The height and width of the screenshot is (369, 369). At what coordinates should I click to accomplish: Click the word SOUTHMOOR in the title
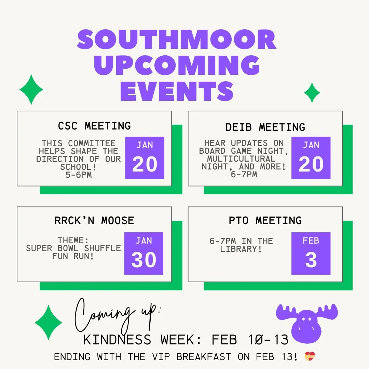[x=177, y=40]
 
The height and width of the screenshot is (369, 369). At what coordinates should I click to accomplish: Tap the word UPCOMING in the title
[x=177, y=65]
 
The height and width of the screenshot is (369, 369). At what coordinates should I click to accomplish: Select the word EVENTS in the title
[x=177, y=91]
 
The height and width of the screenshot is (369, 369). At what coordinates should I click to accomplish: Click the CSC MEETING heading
[x=94, y=126]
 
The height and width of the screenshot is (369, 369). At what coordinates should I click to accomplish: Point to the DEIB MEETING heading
[x=265, y=127]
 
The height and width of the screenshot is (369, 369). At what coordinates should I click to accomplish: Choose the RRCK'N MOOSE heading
[x=94, y=221]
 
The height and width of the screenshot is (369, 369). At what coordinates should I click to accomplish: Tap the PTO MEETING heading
[x=265, y=221]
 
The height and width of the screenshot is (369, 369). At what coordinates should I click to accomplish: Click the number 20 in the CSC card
[x=145, y=165]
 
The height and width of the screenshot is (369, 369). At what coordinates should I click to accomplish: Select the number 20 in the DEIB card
[x=311, y=165]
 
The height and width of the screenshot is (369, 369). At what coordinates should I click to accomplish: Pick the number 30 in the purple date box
[x=144, y=260]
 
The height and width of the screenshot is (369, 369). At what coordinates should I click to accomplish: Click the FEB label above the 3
[x=311, y=241]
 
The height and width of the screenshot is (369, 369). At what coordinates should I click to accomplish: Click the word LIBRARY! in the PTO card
[x=241, y=249]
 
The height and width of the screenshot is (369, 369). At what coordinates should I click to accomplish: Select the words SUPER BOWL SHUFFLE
[x=73, y=248]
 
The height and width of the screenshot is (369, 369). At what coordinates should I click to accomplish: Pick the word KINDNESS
[x=117, y=340]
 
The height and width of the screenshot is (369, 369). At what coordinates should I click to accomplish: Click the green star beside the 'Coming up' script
[x=49, y=323]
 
